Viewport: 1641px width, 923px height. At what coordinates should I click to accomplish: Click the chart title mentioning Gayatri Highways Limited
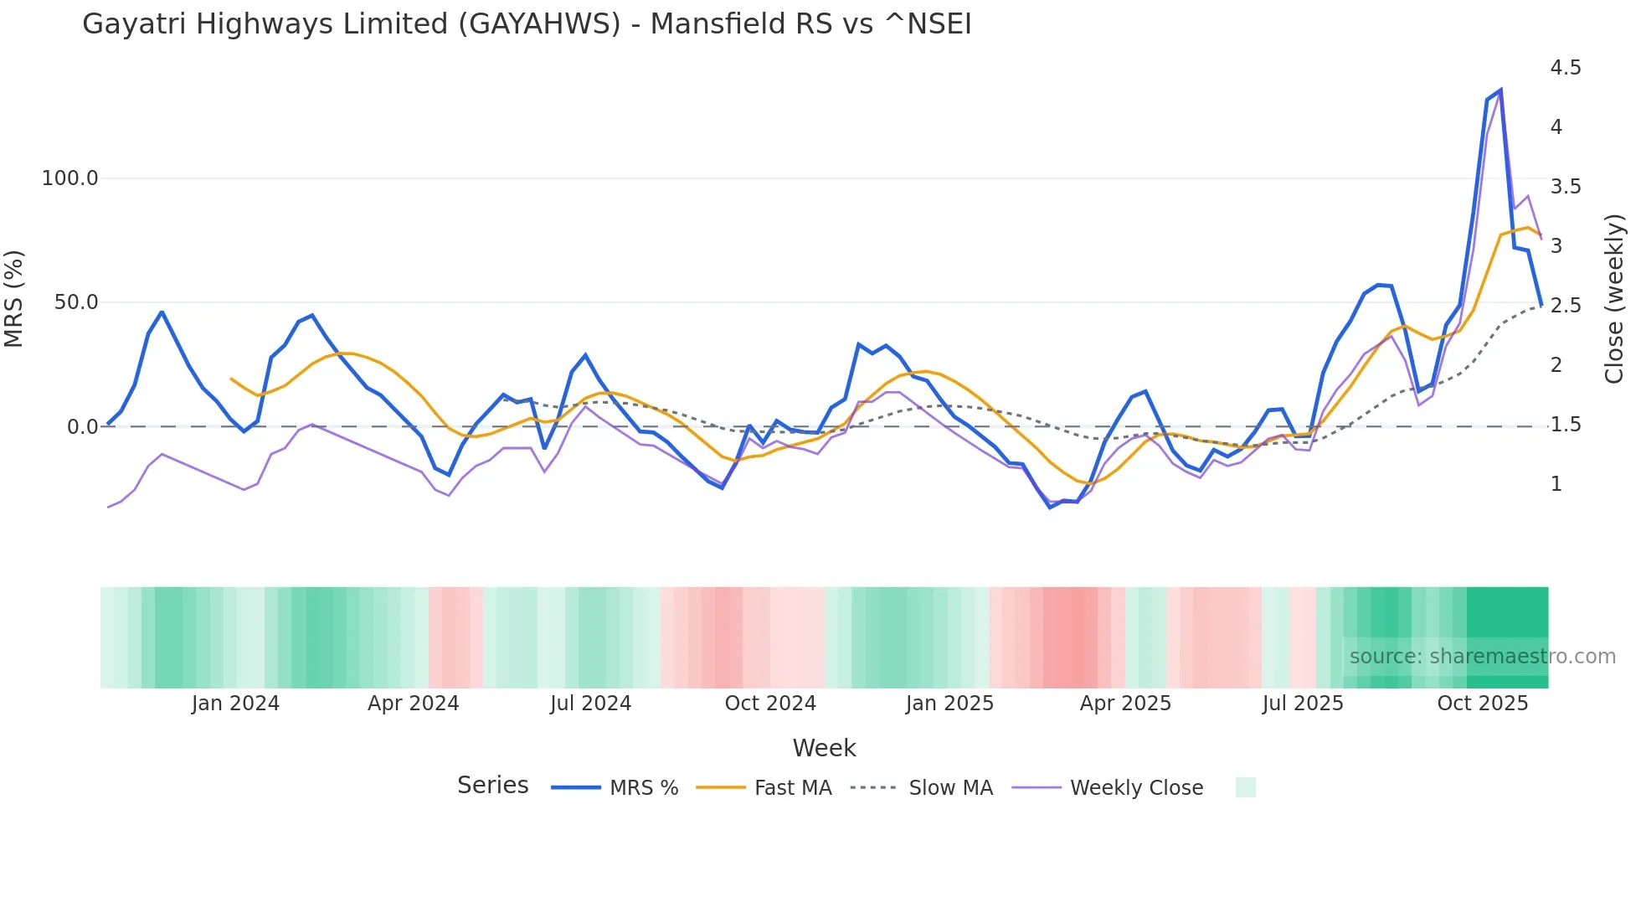527,24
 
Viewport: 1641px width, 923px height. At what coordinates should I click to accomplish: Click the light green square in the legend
1245,787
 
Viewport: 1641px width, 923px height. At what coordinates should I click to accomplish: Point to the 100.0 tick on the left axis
69,178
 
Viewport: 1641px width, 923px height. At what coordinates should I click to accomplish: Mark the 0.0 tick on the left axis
82,427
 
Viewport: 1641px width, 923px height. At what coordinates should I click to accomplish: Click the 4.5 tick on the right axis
1565,68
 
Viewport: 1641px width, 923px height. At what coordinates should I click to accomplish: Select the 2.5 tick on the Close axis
1565,306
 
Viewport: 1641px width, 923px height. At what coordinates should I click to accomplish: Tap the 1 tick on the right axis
1556,484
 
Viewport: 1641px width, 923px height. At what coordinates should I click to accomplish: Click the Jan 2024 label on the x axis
235,704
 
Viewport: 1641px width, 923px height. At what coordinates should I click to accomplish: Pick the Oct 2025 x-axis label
1482,704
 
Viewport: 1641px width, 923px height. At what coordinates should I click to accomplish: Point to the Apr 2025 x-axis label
1125,704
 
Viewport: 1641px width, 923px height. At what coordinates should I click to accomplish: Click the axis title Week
824,748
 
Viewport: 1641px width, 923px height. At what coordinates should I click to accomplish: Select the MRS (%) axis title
14,298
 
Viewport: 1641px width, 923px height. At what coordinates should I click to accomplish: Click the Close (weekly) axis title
1614,298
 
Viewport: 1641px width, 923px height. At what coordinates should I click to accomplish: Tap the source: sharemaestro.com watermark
1482,657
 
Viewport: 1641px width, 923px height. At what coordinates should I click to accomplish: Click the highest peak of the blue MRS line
1500,90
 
